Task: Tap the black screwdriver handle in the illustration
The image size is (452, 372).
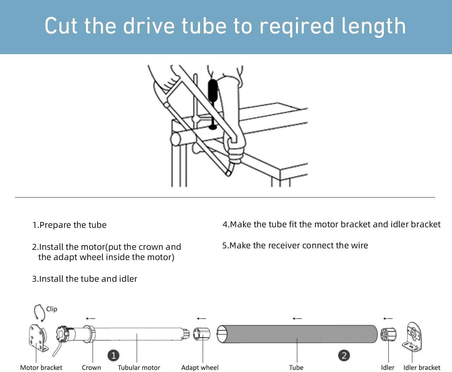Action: (213, 90)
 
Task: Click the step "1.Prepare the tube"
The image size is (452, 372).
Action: (69, 225)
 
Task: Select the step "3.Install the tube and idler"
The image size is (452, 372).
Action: (85, 279)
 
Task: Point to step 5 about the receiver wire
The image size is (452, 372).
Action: (295, 246)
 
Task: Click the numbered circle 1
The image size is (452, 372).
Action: (113, 355)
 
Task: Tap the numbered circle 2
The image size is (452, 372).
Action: (344, 355)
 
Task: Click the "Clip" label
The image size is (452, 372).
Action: (52, 309)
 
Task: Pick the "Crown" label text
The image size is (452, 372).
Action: (91, 367)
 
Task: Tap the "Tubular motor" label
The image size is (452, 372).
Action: (139, 367)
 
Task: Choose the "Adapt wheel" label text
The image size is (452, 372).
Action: (200, 367)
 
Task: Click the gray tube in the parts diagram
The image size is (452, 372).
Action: (297, 334)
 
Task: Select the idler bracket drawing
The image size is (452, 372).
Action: (412, 337)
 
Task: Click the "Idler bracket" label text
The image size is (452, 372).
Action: (422, 367)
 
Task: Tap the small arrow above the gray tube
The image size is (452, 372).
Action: (297, 318)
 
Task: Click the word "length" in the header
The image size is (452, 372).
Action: (373, 26)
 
